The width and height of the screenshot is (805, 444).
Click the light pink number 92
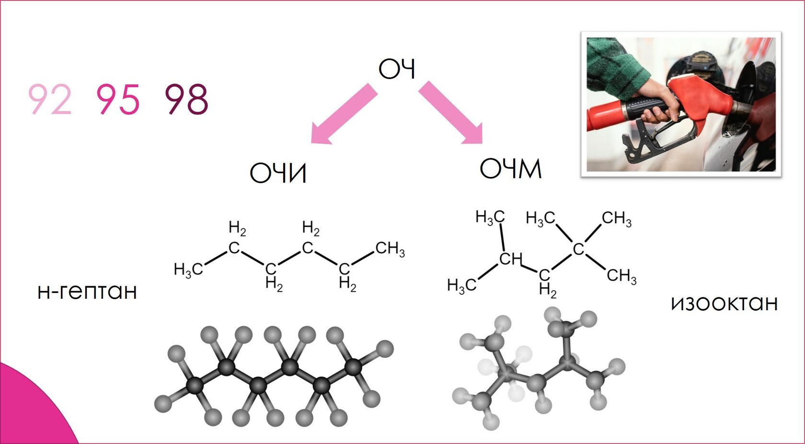(50, 99)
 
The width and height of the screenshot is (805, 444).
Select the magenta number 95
(118, 99)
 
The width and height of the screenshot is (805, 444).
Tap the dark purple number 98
(186, 99)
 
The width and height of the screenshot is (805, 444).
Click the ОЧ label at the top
(396, 69)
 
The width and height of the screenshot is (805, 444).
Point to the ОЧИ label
(278, 173)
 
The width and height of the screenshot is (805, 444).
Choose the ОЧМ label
(510, 169)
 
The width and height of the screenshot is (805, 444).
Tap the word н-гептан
(87, 291)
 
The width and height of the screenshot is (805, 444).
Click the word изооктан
(724, 303)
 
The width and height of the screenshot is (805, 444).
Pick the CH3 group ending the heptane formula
(390, 249)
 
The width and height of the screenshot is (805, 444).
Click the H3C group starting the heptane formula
(188, 269)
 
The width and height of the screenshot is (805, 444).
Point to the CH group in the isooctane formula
(511, 259)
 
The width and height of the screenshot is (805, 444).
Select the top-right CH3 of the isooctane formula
(616, 219)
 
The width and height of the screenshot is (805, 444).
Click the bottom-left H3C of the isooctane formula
(461, 286)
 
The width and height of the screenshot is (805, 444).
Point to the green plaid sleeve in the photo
(618, 62)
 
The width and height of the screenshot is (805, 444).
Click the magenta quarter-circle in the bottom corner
(29, 412)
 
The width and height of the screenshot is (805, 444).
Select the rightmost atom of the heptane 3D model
(385, 349)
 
